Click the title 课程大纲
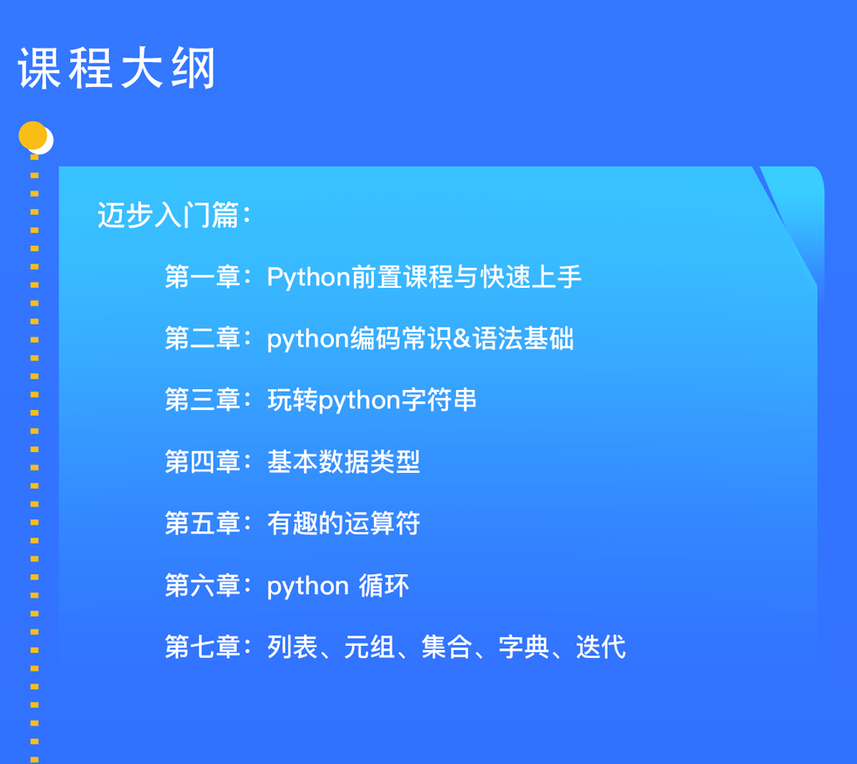(x=117, y=69)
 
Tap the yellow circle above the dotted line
(x=33, y=136)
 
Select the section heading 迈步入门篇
(x=168, y=215)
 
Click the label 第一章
(x=202, y=277)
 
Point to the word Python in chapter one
(x=309, y=278)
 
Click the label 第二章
(x=202, y=338)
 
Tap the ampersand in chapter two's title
(x=462, y=338)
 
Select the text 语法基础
(x=523, y=338)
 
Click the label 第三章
(x=202, y=400)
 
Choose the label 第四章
(x=202, y=462)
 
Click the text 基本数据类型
(x=344, y=462)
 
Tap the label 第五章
(x=202, y=523)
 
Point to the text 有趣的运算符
(x=344, y=523)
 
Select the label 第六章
(x=202, y=585)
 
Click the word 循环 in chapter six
(x=383, y=585)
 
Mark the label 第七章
(x=202, y=647)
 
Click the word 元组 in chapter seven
(x=369, y=647)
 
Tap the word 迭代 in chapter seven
(x=600, y=647)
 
